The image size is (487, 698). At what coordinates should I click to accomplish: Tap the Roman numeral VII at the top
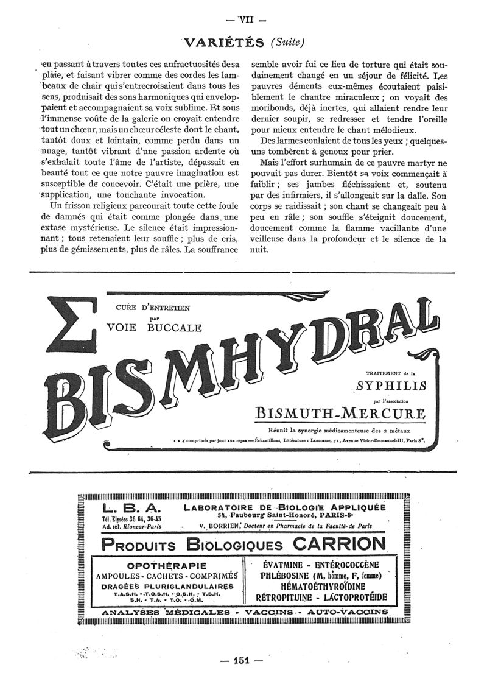coord(243,18)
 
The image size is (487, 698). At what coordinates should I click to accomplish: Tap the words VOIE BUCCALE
coord(154,328)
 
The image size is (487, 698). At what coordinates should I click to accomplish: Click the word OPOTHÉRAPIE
coord(165,566)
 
